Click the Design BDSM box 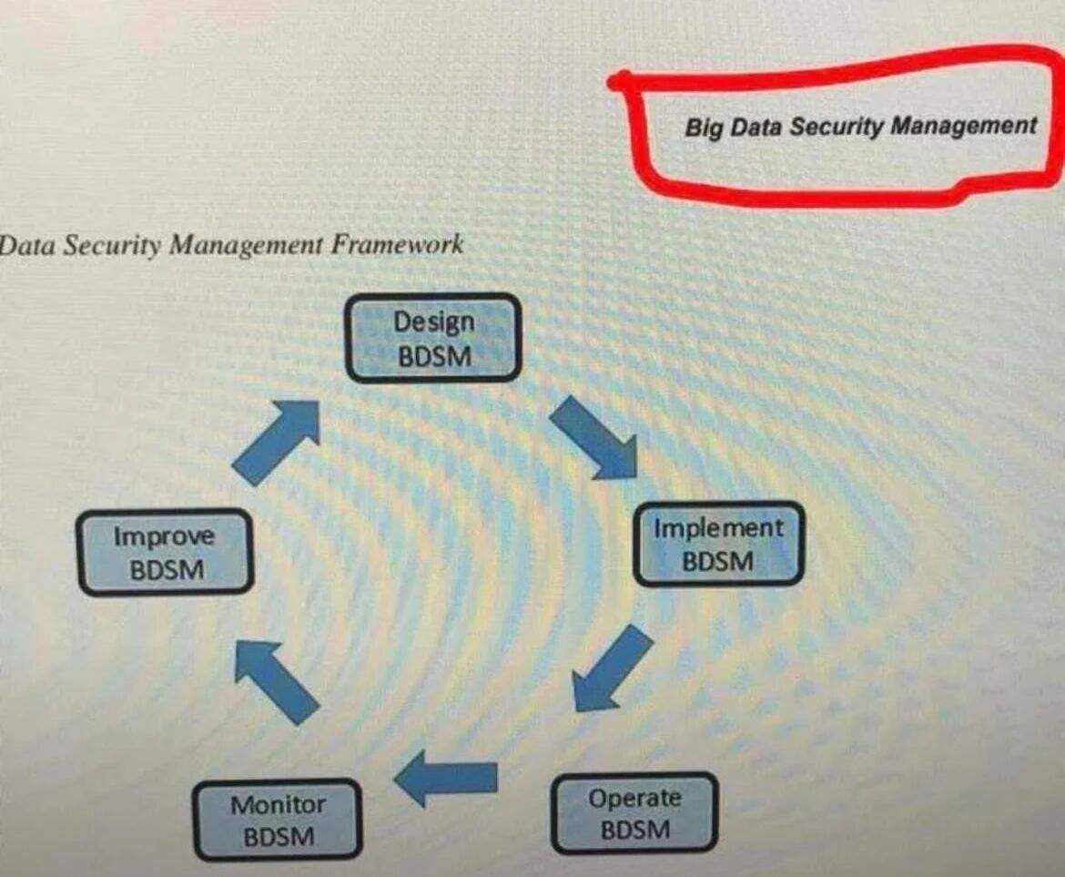click(433, 338)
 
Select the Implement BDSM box click(718, 544)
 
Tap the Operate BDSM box click(634, 813)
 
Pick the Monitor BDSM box click(278, 820)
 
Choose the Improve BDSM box click(166, 552)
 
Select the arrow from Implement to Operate click(612, 668)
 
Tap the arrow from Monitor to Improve click(276, 681)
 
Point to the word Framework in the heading click(397, 244)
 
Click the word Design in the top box click(434, 321)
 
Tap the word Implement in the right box click(718, 527)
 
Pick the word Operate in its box click(634, 798)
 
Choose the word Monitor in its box click(278, 805)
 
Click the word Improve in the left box click(164, 536)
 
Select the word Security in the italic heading click(112, 245)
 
